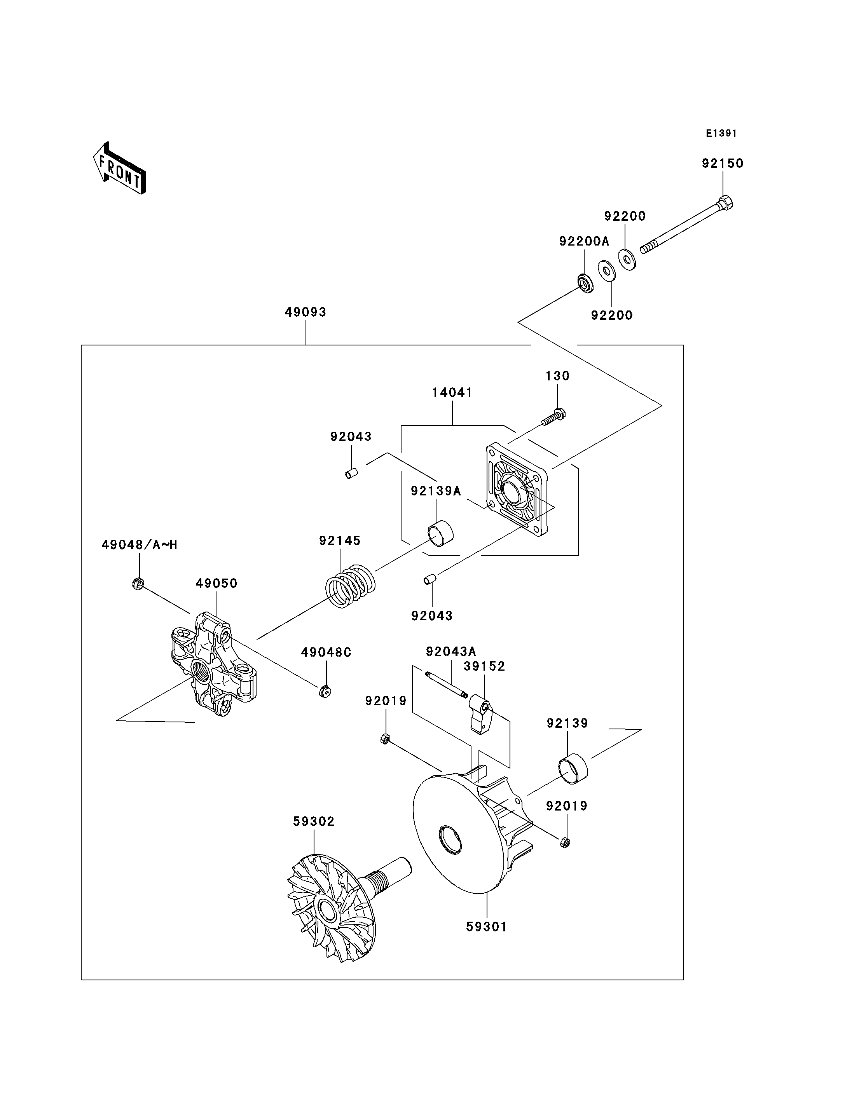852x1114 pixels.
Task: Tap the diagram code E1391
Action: tap(721, 133)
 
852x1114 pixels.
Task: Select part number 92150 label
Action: tap(723, 163)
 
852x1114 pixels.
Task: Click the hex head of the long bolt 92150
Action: tap(726, 202)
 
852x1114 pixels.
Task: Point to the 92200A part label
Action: tap(584, 241)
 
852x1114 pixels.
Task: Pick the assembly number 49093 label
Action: tap(305, 312)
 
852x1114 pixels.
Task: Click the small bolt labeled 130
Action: tap(553, 417)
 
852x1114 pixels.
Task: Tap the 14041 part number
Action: tap(452, 392)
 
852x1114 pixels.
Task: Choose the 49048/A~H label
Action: tap(140, 545)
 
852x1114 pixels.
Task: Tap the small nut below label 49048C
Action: tap(325, 691)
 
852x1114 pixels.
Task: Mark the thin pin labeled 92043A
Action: tap(446, 684)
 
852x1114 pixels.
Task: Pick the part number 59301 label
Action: tap(486, 926)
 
